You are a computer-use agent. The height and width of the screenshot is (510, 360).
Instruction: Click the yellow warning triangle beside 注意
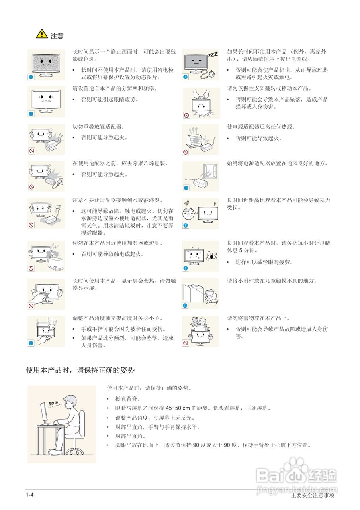[41, 35]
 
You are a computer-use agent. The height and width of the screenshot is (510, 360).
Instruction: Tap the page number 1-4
[29, 495]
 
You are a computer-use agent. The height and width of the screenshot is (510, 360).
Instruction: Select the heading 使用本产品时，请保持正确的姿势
[80, 371]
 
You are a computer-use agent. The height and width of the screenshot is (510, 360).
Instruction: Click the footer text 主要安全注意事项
[313, 496]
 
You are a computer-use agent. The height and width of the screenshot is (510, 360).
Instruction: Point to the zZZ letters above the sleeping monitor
[213, 55]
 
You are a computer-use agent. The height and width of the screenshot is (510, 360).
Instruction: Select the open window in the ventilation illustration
[209, 171]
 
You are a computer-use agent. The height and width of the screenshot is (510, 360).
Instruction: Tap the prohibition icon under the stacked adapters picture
[31, 151]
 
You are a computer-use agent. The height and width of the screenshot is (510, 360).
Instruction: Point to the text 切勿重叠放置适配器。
[98, 127]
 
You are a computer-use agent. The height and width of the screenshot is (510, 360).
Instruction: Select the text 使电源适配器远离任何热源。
[261, 127]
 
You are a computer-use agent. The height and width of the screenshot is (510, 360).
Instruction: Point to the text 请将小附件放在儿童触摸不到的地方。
[272, 281]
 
